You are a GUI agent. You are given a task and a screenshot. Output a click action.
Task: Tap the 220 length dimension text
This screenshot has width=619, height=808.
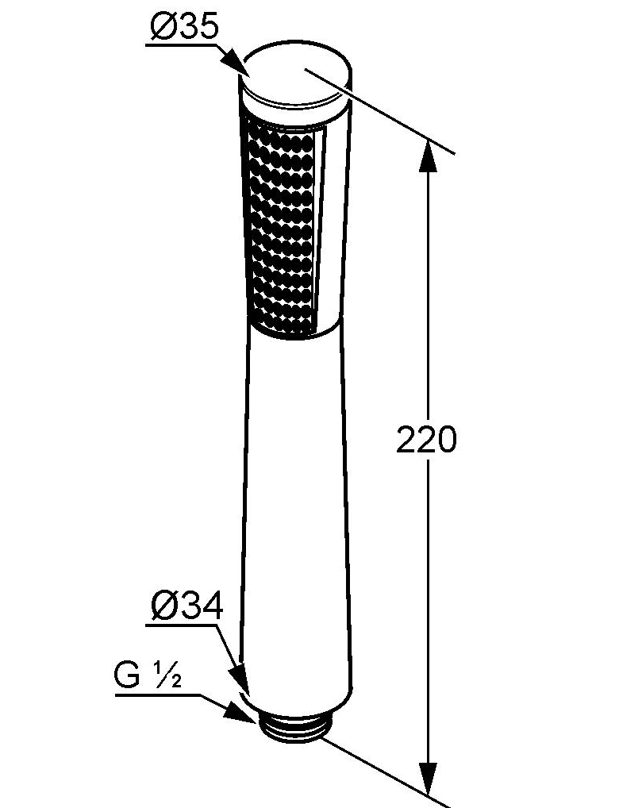426,439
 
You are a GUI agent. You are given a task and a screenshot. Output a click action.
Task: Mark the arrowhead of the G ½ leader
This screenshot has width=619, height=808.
240,714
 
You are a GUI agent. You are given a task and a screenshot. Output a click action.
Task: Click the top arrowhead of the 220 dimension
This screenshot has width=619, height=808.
427,156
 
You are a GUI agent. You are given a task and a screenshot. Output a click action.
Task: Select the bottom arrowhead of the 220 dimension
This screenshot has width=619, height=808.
427,778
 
